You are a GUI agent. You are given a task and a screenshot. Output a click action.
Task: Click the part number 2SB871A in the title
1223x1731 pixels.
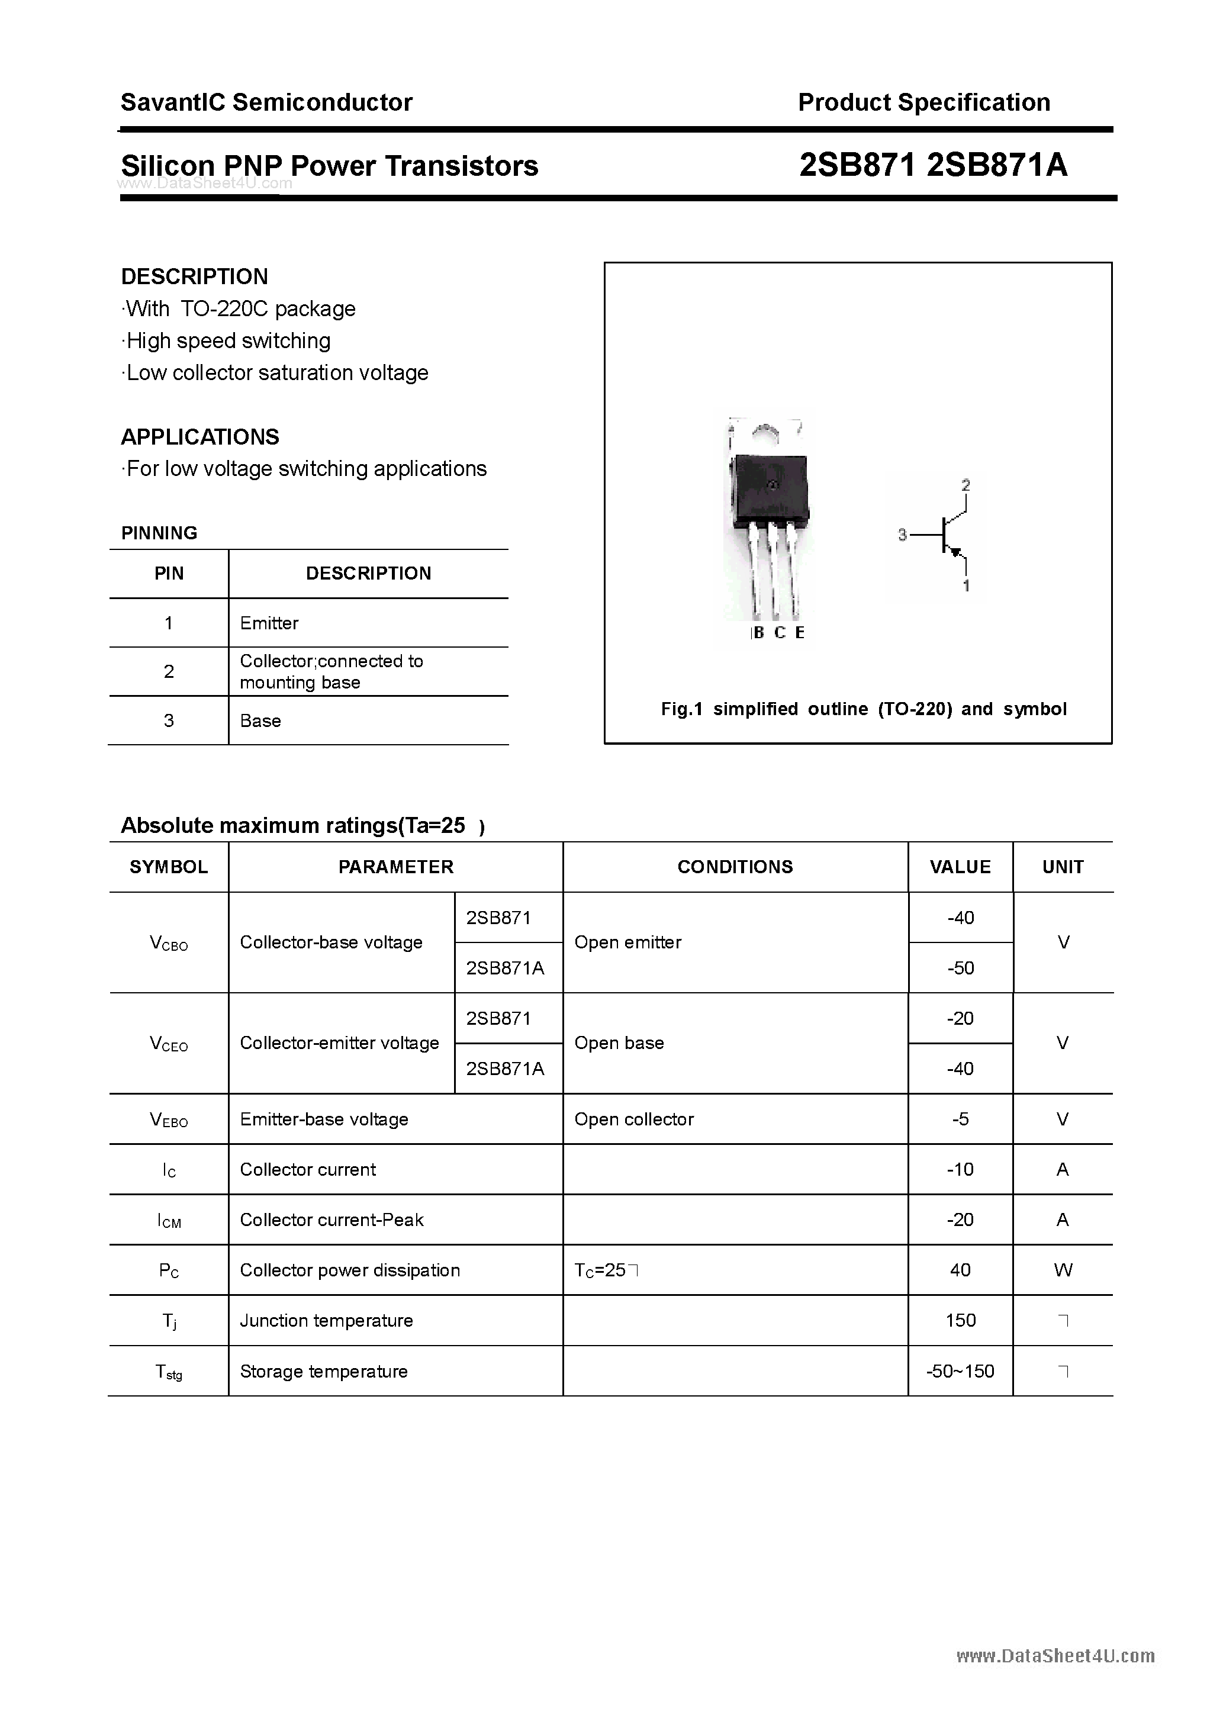point(996,165)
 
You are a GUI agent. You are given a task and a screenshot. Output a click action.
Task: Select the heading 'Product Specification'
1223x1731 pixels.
point(923,102)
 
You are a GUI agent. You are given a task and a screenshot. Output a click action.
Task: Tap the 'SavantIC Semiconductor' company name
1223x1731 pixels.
point(266,102)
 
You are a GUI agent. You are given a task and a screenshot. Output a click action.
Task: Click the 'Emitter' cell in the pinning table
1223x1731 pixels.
point(269,623)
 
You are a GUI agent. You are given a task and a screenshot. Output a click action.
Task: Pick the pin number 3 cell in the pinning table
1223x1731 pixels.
point(169,720)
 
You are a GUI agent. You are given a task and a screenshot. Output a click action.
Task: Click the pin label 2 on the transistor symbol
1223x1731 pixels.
point(966,485)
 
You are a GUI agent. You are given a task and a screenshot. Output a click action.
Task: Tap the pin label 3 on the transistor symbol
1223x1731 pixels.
point(902,535)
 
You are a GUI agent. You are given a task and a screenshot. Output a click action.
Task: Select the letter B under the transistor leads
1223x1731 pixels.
point(758,632)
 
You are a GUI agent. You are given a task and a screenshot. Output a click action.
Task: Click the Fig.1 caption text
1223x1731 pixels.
point(863,709)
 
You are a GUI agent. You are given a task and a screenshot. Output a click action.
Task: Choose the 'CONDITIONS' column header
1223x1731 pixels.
point(735,867)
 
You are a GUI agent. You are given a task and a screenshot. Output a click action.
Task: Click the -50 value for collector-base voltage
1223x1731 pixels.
point(961,968)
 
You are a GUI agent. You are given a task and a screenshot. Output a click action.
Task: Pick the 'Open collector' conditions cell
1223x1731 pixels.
point(633,1119)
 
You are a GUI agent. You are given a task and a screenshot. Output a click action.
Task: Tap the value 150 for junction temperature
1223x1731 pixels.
point(961,1321)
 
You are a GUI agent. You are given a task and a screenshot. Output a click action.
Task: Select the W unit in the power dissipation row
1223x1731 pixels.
point(1063,1270)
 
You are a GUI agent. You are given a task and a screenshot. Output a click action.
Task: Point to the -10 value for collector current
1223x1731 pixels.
point(961,1169)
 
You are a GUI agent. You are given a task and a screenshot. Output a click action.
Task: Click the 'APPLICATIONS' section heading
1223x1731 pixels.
point(200,437)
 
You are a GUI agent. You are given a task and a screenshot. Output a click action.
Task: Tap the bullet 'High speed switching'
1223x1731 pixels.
point(228,341)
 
